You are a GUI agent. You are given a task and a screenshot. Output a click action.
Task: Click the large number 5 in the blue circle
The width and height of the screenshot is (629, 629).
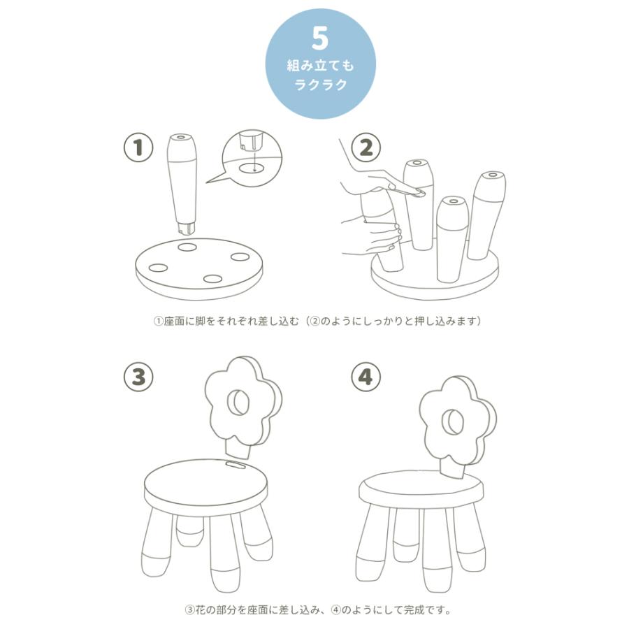click(319, 39)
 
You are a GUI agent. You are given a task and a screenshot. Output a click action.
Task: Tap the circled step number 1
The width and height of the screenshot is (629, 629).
click(138, 147)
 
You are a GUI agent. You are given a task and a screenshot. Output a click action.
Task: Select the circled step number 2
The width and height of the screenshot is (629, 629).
click(366, 147)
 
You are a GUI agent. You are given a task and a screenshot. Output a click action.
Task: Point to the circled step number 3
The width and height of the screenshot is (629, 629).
click(138, 377)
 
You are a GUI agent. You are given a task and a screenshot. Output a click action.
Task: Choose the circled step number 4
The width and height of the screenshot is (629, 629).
click(366, 377)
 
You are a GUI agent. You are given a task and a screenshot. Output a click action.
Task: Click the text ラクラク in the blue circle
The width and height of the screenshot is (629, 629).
click(321, 85)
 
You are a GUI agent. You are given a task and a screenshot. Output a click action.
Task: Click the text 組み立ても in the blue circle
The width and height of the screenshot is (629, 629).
click(321, 66)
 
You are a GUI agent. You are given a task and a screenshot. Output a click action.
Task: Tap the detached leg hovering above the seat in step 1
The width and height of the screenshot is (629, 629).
click(183, 184)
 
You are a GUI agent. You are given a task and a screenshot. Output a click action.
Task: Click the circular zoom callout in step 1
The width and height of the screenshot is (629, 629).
click(252, 158)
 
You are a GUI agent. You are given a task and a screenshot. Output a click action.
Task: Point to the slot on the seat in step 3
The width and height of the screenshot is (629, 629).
click(236, 465)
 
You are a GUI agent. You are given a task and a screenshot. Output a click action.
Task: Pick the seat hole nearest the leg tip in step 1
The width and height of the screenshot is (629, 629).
click(187, 247)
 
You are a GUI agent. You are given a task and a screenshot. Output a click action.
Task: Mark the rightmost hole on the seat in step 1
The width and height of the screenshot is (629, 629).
click(240, 256)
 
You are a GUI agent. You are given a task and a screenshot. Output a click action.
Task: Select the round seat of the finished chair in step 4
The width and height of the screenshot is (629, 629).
click(421, 489)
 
